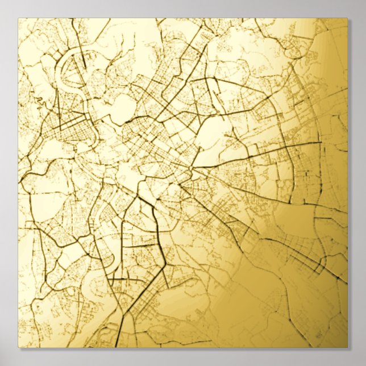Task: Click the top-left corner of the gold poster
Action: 18,18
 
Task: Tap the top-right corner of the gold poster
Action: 347,18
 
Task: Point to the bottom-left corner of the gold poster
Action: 18,347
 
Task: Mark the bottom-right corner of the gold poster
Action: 347,347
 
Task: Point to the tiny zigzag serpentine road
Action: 39,102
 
